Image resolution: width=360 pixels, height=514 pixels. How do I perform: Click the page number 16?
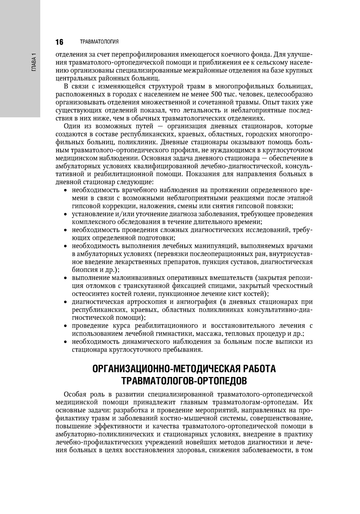(x=59, y=42)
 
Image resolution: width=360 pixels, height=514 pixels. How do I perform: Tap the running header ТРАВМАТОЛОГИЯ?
(x=99, y=42)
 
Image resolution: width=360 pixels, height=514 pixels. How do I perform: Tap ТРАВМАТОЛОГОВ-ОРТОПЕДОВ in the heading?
(x=184, y=380)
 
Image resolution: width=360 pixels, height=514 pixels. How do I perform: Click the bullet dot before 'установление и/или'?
(x=65, y=215)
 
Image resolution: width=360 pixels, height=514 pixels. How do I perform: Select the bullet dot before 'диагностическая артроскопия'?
(x=65, y=302)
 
